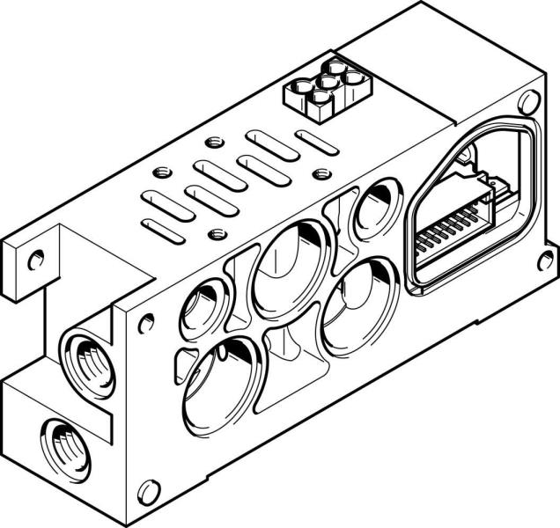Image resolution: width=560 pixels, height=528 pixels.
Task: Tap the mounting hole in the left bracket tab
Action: click(35, 260)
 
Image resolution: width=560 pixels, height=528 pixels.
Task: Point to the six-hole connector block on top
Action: click(325, 89)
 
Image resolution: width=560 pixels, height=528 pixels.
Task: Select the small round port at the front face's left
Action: click(198, 308)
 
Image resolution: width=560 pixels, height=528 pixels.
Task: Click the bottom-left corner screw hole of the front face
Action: click(149, 489)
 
